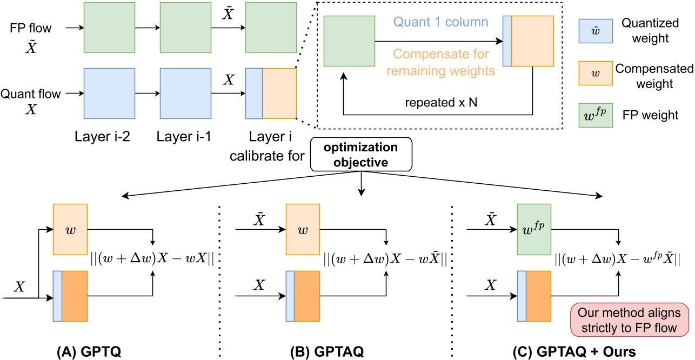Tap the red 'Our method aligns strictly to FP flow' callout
click(630, 319)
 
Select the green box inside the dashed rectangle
click(349, 41)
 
